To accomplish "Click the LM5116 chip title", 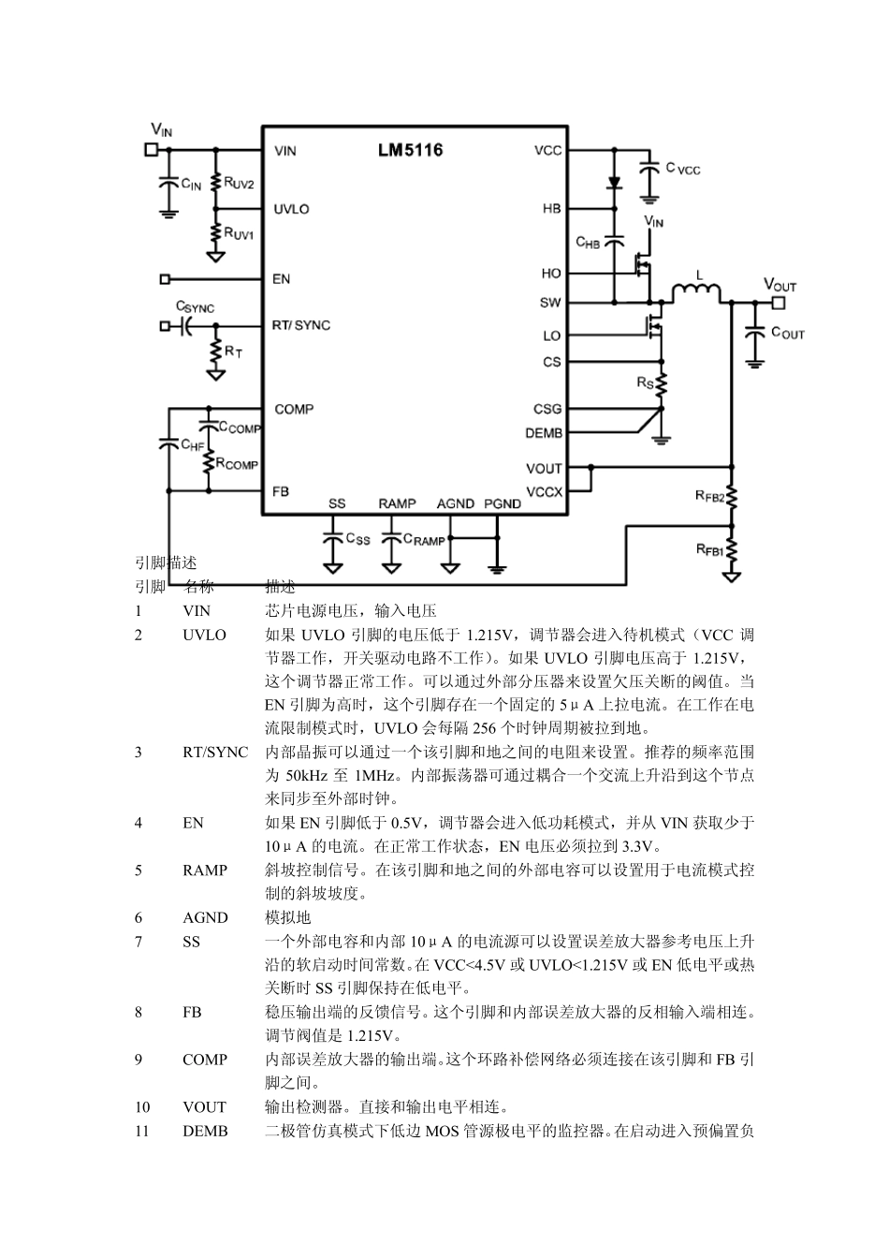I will [410, 151].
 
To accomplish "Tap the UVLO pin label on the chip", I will [291, 209].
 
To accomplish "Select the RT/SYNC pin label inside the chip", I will [300, 325].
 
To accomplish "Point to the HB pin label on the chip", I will [551, 209].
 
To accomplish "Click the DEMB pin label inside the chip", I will [544, 433].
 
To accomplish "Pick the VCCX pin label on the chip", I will [544, 491].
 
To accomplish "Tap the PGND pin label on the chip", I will [503, 504].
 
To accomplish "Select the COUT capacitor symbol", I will [752, 332].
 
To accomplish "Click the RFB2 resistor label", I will [709, 497].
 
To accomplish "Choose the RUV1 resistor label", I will [239, 234].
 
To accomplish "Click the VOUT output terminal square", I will [777, 302].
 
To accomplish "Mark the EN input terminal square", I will [166, 279].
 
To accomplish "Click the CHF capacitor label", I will [192, 446].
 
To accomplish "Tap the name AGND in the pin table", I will [205, 917].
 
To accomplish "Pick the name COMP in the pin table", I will [205, 1060].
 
